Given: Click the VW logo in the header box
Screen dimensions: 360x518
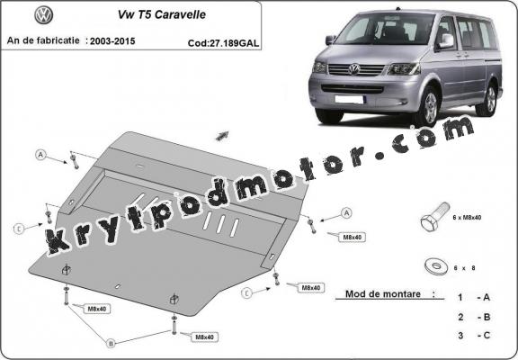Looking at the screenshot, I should pyautogui.click(x=42, y=15).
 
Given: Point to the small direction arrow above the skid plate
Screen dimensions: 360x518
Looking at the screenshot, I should pyautogui.click(x=220, y=135).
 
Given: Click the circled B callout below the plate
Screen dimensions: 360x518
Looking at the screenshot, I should pyautogui.click(x=112, y=343).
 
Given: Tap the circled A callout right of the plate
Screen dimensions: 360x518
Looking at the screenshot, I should pyautogui.click(x=346, y=213).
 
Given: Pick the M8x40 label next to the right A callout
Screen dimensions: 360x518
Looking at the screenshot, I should pyautogui.click(x=326, y=236).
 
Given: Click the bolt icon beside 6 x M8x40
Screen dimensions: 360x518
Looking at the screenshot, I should pyautogui.click(x=433, y=220).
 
